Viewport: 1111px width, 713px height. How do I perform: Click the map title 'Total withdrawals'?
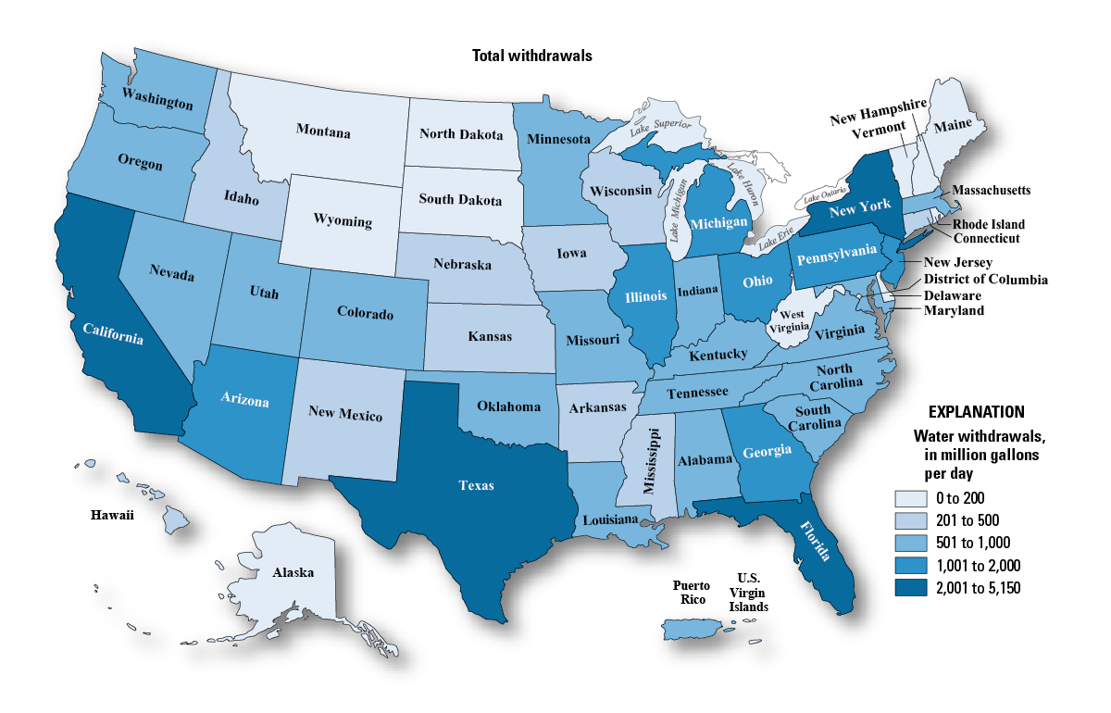pos(531,56)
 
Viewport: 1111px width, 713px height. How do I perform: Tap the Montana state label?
pos(323,131)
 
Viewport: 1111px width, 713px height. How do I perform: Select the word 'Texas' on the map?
pos(476,484)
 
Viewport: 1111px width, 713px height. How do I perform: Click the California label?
pos(112,333)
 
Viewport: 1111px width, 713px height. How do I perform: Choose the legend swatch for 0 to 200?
pos(910,497)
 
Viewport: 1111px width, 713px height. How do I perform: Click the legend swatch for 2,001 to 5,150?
pos(910,587)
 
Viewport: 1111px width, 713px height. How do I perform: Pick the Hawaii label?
pos(112,515)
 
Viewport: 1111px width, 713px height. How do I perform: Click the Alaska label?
pos(293,572)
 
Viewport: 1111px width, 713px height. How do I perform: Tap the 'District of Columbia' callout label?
pos(986,279)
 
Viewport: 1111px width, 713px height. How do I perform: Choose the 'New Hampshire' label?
pos(878,118)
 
